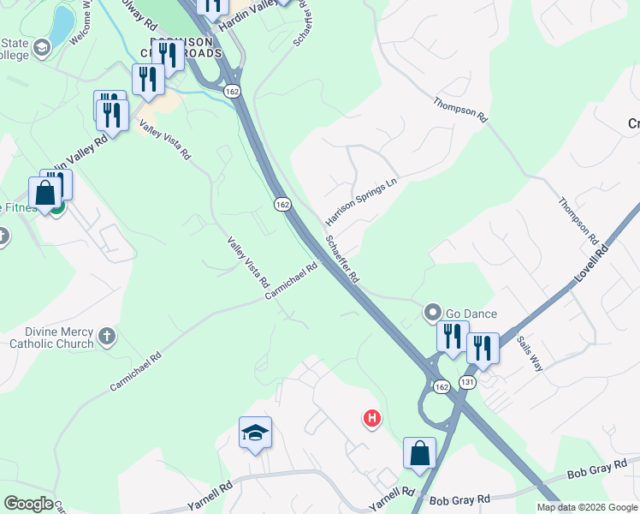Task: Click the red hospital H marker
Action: tap(372, 419)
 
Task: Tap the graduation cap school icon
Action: tap(255, 433)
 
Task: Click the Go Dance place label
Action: tap(471, 314)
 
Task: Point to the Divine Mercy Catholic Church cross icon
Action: tap(106, 334)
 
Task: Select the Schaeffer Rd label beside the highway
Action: tap(341, 261)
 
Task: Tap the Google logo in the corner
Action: tap(28, 504)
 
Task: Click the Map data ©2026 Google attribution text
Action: tap(587, 507)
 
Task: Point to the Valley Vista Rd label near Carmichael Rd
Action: tap(248, 262)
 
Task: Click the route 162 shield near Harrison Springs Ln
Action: tap(283, 204)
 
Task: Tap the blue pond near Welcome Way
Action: tap(62, 26)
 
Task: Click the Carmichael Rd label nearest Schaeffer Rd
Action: tap(291, 280)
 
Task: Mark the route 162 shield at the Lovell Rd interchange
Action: tap(441, 387)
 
